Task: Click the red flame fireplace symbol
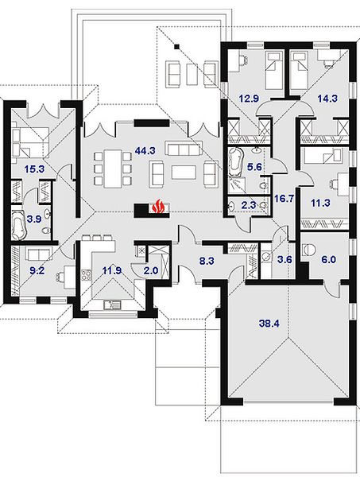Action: pos(158,206)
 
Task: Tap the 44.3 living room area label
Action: pos(145,150)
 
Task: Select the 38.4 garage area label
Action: pos(269,324)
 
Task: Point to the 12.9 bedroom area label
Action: pos(249,99)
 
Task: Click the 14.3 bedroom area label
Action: pos(327,99)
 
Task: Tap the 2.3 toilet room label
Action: pos(249,205)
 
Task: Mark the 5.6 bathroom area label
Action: pos(254,167)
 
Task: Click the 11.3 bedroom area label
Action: pos(320,203)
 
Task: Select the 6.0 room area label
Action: pos(329,259)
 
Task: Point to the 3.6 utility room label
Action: pos(285,260)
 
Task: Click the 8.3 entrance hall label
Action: pos(207,261)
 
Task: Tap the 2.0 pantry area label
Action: pos(151,270)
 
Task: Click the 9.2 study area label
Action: pos(37,270)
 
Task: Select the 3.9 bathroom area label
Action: pos(33,219)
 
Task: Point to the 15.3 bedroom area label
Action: pos(35,169)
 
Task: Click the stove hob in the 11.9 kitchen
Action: pos(87,275)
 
